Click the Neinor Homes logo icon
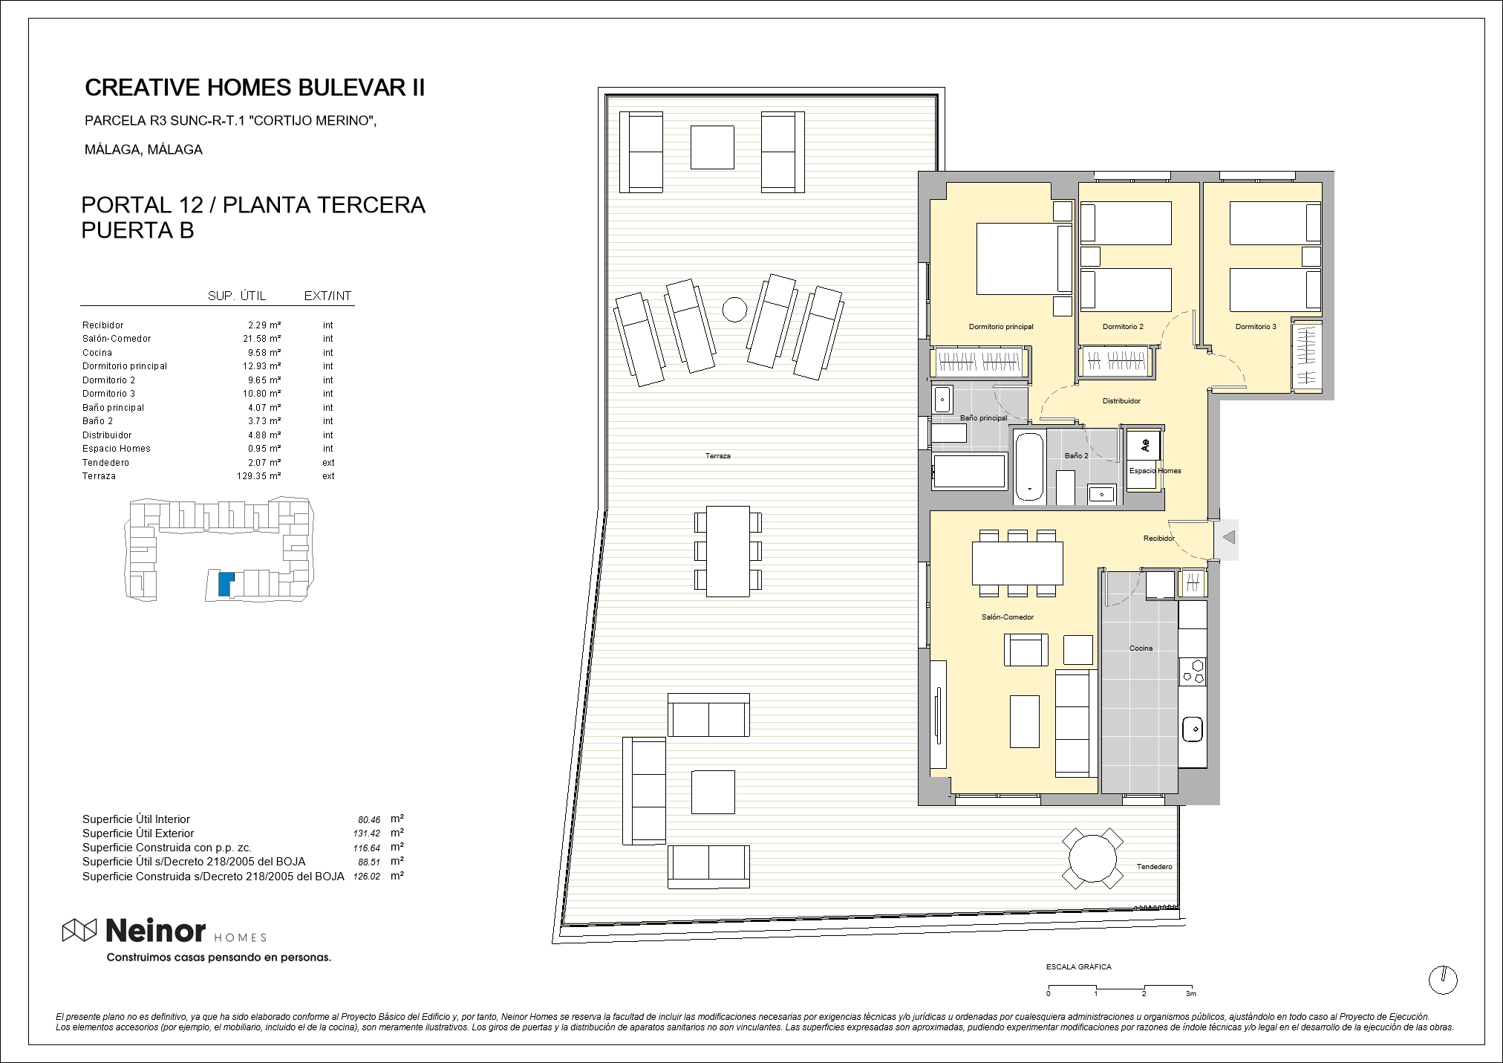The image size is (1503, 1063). (79, 929)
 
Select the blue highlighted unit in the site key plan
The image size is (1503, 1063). (225, 584)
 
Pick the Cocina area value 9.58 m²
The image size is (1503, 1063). (264, 353)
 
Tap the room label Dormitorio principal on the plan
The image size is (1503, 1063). (1000, 327)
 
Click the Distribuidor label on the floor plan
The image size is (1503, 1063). (1121, 401)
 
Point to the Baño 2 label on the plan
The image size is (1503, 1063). (1076, 456)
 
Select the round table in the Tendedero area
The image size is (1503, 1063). (1092, 858)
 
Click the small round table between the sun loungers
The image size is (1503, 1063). (734, 309)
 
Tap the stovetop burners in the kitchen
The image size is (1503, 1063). (1193, 670)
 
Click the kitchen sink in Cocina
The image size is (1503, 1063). (1193, 729)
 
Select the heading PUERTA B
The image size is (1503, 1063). (137, 230)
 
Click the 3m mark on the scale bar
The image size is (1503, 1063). (1191, 993)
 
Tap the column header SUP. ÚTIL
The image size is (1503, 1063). (237, 296)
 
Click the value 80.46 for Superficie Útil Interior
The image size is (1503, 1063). (369, 820)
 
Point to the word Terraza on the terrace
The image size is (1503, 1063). (718, 456)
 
